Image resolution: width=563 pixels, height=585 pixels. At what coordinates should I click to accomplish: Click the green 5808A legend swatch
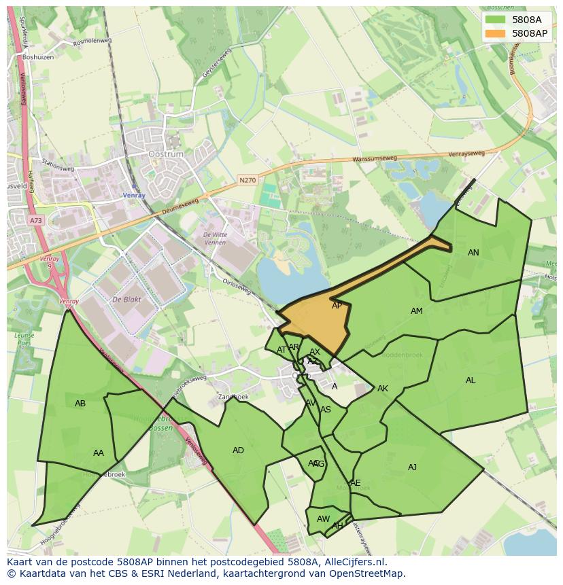click(x=495, y=20)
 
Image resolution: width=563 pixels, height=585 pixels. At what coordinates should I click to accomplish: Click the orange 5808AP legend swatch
click(x=495, y=33)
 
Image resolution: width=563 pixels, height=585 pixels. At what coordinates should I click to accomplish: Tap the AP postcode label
click(x=337, y=306)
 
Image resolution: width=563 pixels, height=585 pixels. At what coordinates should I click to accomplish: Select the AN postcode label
click(x=473, y=253)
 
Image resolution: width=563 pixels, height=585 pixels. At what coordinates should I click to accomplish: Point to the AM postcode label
click(x=417, y=311)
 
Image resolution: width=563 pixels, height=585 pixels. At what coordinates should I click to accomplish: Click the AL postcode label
click(x=471, y=380)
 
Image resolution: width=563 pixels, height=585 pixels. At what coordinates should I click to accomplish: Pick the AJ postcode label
click(x=412, y=467)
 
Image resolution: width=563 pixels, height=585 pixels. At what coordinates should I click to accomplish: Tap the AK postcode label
click(x=382, y=389)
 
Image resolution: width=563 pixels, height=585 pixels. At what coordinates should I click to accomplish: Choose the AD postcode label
click(x=238, y=450)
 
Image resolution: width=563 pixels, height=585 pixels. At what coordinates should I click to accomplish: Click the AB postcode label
click(x=80, y=404)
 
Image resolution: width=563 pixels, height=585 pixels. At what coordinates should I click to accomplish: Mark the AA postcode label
click(x=99, y=453)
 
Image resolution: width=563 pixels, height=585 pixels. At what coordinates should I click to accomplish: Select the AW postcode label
click(x=323, y=519)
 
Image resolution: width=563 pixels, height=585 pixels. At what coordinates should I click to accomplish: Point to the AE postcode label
click(x=355, y=483)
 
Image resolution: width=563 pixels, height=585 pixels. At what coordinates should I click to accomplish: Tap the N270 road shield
click(x=247, y=180)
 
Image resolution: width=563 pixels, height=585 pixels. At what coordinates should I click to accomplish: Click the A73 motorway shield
click(x=35, y=221)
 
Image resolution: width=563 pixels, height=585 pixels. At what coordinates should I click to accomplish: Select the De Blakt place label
click(x=126, y=300)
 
